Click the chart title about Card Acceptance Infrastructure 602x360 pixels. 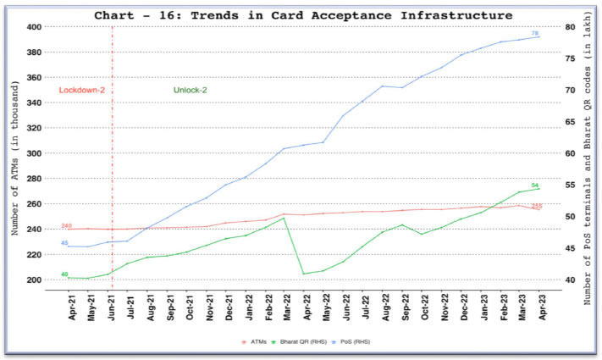[x=303, y=15]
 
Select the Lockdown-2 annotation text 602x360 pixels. [x=81, y=90]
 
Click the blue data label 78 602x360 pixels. [x=535, y=33]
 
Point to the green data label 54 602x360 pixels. [x=535, y=185]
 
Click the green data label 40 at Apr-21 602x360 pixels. [x=64, y=274]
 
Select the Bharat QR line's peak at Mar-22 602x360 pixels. [x=284, y=218]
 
